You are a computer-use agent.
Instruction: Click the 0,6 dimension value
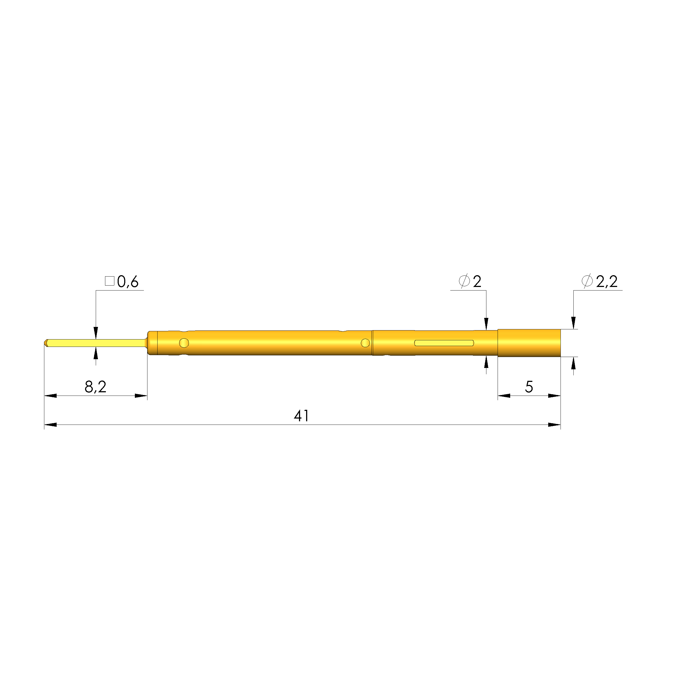[x=128, y=282]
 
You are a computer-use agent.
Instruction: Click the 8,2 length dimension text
[x=95, y=387]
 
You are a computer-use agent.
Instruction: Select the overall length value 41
[x=301, y=416]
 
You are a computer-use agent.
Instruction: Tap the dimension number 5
[x=529, y=387]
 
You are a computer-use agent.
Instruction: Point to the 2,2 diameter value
[x=607, y=282]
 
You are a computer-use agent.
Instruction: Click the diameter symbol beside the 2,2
[x=587, y=281]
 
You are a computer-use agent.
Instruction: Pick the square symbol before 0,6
[x=109, y=281]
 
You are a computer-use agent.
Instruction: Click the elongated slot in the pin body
[x=444, y=343]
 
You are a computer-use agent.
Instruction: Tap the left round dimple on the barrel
[x=184, y=343]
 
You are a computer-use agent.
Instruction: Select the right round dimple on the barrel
[x=365, y=343]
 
